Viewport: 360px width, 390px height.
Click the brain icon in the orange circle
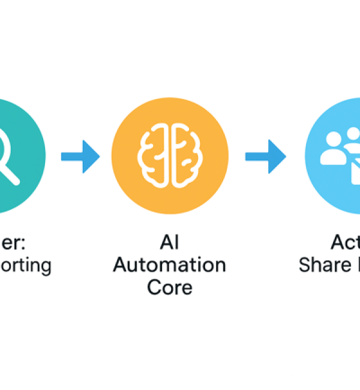[x=170, y=154]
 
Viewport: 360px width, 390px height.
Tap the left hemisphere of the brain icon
[x=155, y=154]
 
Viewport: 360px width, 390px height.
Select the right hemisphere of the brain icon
[x=185, y=154]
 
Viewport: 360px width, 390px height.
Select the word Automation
[x=170, y=265]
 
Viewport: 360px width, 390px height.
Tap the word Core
[x=170, y=286]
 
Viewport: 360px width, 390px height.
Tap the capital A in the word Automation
[x=122, y=265]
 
